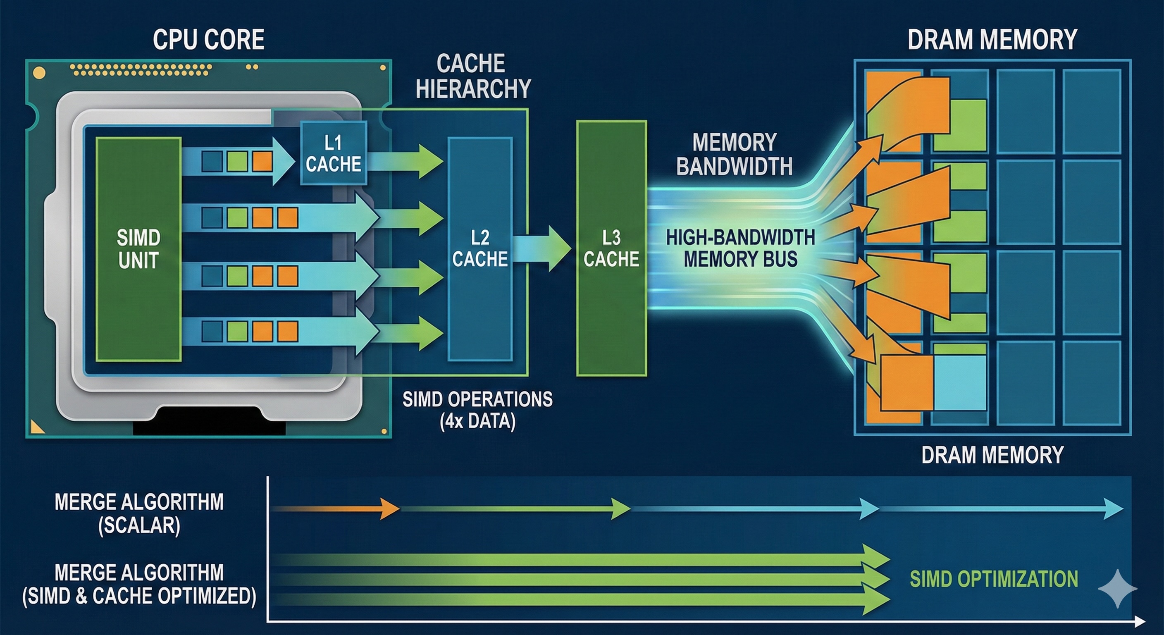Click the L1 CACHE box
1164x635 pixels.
pyautogui.click(x=334, y=153)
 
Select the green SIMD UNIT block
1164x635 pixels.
pyautogui.click(x=138, y=249)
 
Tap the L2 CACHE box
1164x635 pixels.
pyautogui.click(x=480, y=248)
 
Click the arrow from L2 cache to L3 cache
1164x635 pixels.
pyautogui.click(x=542, y=248)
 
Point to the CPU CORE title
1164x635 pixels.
pyautogui.click(x=208, y=40)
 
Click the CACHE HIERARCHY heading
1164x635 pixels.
pyautogui.click(x=472, y=76)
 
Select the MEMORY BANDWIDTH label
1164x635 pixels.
pyautogui.click(x=734, y=155)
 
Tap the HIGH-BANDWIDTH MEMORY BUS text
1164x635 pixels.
pyautogui.click(x=740, y=248)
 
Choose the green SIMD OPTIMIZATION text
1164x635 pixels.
pyautogui.click(x=994, y=579)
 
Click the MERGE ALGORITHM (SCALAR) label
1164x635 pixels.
pyautogui.click(x=139, y=513)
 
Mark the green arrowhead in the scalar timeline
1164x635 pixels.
pyautogui.click(x=621, y=509)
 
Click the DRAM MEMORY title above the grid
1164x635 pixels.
pyautogui.click(x=992, y=40)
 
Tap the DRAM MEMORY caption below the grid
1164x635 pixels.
pyautogui.click(x=992, y=455)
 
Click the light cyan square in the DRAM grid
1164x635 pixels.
pyautogui.click(x=960, y=382)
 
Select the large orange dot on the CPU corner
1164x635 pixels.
pyautogui.click(x=39, y=73)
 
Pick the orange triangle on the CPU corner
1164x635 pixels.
pyautogui.click(x=36, y=427)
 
